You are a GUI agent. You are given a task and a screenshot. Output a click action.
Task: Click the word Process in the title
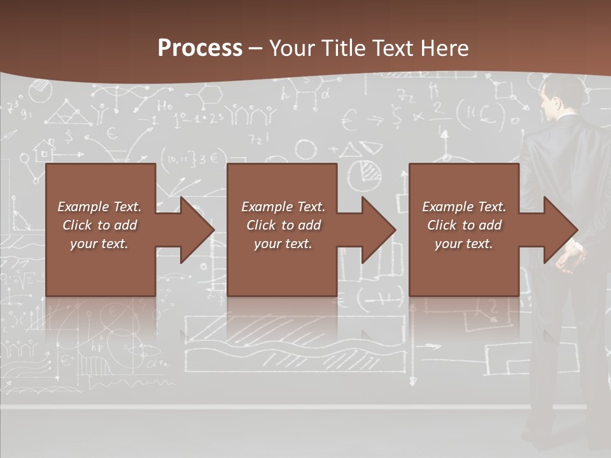click(x=200, y=48)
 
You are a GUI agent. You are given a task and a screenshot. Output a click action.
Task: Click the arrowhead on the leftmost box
click(x=193, y=230)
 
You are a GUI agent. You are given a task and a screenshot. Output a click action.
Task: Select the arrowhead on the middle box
click(x=376, y=230)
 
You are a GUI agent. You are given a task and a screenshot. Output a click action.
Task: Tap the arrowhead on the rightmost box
click(x=558, y=230)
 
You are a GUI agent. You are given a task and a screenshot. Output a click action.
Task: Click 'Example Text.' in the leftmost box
click(x=99, y=207)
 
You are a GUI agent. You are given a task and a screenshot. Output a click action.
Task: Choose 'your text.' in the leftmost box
click(x=99, y=244)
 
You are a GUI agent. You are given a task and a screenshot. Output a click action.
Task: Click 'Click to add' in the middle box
click(x=283, y=225)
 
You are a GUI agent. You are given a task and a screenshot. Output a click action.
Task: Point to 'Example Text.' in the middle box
click(x=283, y=207)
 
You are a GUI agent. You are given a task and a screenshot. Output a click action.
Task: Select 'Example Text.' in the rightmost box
click(x=464, y=207)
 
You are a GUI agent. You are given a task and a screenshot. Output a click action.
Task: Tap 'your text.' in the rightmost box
click(x=464, y=244)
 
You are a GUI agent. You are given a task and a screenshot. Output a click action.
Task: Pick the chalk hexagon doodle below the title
click(x=211, y=95)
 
